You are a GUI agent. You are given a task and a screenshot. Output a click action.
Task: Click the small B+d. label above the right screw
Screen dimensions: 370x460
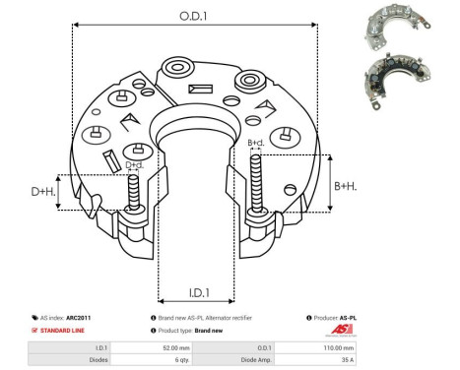(x=256, y=144)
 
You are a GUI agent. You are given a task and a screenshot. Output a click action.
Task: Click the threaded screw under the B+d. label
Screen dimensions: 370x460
(x=257, y=187)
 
